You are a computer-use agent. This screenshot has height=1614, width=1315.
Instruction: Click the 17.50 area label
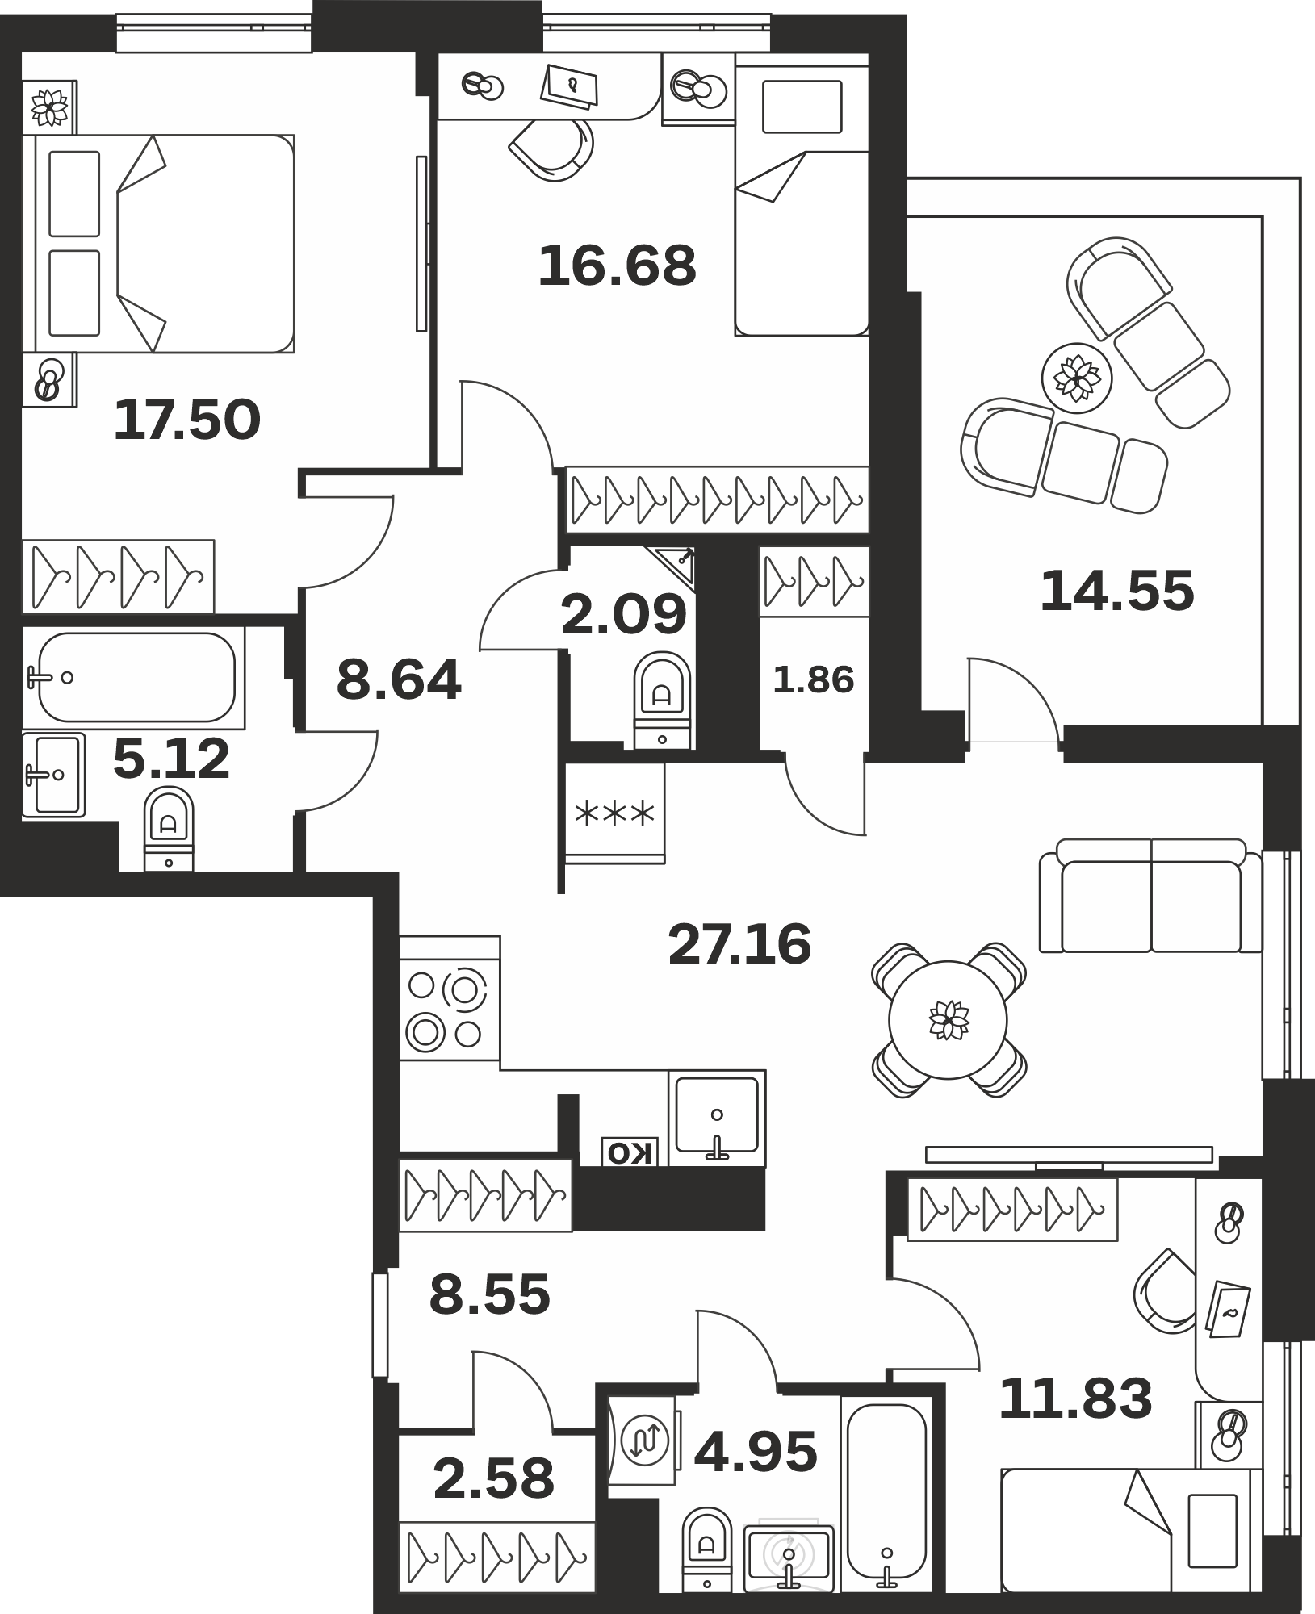coord(187,420)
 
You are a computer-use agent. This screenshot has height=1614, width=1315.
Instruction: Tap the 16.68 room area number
coord(618,266)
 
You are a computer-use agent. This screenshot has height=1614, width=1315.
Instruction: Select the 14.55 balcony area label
coord(1117,591)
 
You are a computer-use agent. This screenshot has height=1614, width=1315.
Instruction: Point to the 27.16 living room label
coord(739,944)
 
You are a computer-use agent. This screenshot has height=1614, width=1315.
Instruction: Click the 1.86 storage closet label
coord(814,680)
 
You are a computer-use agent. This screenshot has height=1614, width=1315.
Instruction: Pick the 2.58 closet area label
coord(494,1478)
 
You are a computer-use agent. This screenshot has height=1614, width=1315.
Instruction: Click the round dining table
coord(948,1020)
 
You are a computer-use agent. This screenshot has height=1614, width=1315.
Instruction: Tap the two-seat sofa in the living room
coord(1150,896)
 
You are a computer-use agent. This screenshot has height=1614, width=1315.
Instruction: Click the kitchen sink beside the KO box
coord(717,1118)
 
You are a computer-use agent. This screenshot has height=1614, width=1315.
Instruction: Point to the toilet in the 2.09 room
coord(663,700)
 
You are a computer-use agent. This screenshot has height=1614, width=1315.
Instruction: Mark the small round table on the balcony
coord(1077,377)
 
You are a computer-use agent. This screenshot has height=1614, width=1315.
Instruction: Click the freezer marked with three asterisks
coord(614,813)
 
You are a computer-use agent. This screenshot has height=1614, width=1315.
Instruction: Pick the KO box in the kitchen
coord(630,1152)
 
